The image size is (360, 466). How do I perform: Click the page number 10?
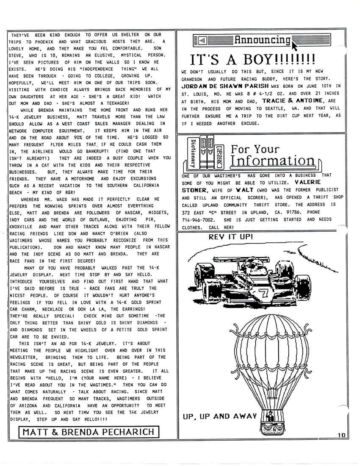click(x=342, y=434)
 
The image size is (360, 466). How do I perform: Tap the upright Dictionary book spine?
click(x=193, y=153)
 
